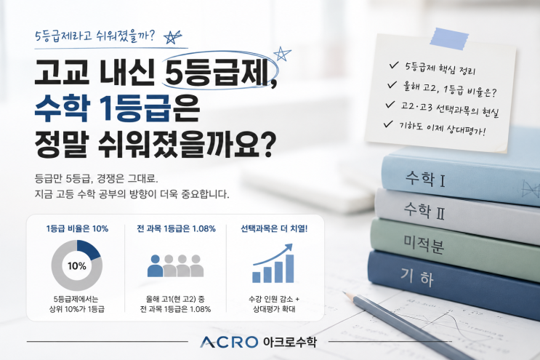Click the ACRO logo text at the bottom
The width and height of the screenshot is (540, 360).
(x=229, y=342)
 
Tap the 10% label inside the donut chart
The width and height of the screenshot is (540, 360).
(x=77, y=266)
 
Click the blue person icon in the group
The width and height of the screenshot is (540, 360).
(x=155, y=265)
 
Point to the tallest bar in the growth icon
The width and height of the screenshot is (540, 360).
(x=290, y=268)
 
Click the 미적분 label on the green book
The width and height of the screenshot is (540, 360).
(x=424, y=244)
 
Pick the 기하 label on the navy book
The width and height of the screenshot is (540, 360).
(x=417, y=277)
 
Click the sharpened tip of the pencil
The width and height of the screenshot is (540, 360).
(x=344, y=293)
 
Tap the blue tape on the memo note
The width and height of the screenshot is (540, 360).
(x=449, y=38)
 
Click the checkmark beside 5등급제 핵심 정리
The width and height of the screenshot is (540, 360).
(x=394, y=65)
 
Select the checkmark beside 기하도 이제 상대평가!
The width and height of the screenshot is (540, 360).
(x=388, y=124)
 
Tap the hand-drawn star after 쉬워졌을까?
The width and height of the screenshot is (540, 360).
(x=172, y=37)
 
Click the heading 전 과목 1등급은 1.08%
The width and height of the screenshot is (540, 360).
(x=177, y=229)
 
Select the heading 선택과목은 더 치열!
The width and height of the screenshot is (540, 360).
(x=274, y=229)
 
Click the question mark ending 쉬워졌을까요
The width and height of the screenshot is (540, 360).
(x=268, y=145)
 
